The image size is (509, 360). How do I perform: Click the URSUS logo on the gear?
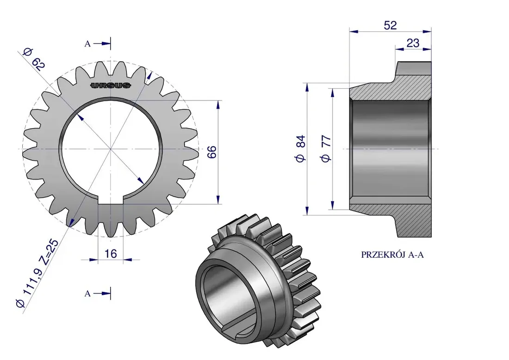click(111, 86)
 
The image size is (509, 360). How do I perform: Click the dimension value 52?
click(390, 25)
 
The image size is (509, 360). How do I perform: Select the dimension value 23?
click(413, 43)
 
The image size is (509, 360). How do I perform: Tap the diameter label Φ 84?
click(300, 149)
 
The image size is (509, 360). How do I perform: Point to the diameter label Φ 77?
click(326, 149)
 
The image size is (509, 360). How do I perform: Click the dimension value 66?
click(211, 152)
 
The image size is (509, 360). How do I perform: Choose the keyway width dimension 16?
click(111, 254)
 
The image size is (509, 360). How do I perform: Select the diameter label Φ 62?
click(34, 59)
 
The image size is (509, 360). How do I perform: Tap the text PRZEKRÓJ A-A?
click(392, 255)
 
